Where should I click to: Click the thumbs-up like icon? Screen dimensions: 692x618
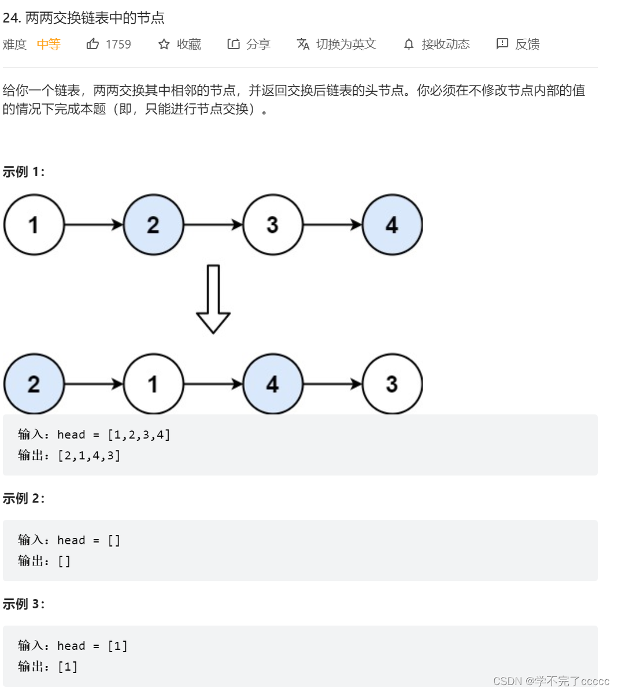pos(92,44)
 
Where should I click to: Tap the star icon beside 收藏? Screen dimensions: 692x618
pos(164,44)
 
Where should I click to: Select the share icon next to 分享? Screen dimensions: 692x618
pos(234,44)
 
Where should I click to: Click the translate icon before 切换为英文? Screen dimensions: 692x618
pos(303,44)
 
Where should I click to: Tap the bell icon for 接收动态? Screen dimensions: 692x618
pos(409,44)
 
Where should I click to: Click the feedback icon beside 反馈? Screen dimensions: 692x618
pos(502,44)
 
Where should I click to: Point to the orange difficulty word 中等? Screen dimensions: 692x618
pos(49,44)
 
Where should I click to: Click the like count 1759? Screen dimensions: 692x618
pos(119,44)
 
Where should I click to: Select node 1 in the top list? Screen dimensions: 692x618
pos(34,225)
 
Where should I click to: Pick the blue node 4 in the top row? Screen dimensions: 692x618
pos(392,225)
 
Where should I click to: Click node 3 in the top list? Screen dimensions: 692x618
pos(272,225)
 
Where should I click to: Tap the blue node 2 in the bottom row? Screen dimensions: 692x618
pos(34,384)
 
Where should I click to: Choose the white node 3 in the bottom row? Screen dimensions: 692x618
pos(392,384)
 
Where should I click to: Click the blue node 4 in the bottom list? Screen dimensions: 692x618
pos(272,384)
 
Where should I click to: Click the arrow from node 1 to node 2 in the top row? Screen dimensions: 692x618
pos(94,225)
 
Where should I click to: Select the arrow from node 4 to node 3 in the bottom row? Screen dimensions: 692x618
pos(332,384)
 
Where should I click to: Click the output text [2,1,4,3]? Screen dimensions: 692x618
pos(89,456)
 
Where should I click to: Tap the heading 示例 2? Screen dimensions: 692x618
pos(24,498)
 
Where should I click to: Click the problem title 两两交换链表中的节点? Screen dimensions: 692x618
pos(95,18)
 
